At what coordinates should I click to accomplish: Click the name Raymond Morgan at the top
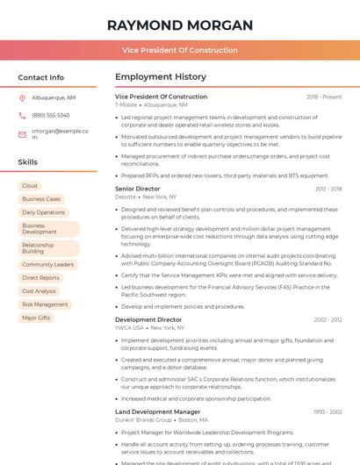pyautogui.click(x=180, y=25)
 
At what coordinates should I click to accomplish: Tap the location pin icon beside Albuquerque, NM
pyautogui.click(x=22, y=98)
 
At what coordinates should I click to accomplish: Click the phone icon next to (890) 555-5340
pyautogui.click(x=22, y=116)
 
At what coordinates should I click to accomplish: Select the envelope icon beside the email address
pyautogui.click(x=22, y=134)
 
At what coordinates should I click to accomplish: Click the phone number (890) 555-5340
pyautogui.click(x=51, y=116)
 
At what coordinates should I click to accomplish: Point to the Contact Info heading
pyautogui.click(x=40, y=77)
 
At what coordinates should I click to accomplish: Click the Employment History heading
pyautogui.click(x=161, y=77)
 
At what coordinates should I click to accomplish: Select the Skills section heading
pyautogui.click(x=27, y=162)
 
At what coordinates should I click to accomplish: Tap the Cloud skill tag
pyautogui.click(x=30, y=186)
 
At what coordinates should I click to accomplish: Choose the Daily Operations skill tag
pyautogui.click(x=43, y=212)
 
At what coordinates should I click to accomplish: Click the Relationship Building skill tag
pyautogui.click(x=38, y=248)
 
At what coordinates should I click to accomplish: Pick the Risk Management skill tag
pyautogui.click(x=45, y=304)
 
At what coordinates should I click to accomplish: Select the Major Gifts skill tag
pyautogui.click(x=36, y=318)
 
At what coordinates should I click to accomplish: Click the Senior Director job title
pyautogui.click(x=138, y=189)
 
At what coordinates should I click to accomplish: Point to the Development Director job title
pyautogui.click(x=148, y=320)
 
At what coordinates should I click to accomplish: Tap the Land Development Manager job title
pyautogui.click(x=157, y=411)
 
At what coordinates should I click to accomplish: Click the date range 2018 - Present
pyautogui.click(x=324, y=97)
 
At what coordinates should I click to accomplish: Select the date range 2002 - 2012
pyautogui.click(x=328, y=320)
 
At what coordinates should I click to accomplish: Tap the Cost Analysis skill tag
pyautogui.click(x=39, y=291)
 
